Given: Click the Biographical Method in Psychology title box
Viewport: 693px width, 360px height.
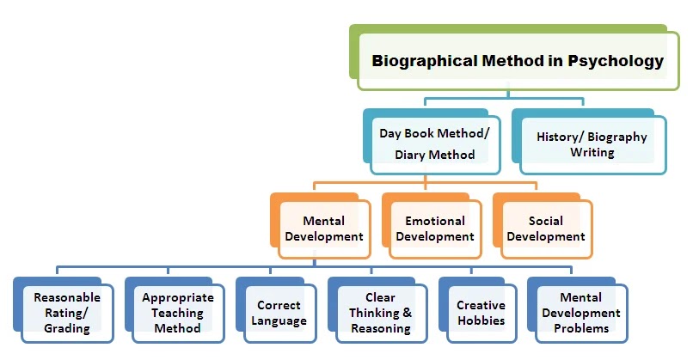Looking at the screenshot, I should click(x=517, y=61).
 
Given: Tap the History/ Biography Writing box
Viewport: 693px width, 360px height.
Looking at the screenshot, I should click(x=592, y=143).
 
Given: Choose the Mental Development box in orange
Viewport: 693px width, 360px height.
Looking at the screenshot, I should click(x=323, y=229).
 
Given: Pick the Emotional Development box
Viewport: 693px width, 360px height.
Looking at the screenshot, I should click(x=434, y=229).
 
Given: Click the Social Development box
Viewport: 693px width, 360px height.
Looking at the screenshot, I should click(x=544, y=229).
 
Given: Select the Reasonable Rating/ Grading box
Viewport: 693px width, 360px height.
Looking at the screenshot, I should click(x=67, y=312).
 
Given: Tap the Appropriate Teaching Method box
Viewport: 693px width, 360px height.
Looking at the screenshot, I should click(x=177, y=313).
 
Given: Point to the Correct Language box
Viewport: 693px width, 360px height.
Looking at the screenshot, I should click(x=279, y=313).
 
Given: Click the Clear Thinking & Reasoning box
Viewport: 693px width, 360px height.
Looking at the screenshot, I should click(x=379, y=313).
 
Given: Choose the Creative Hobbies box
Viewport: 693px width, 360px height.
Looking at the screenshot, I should click(x=481, y=313).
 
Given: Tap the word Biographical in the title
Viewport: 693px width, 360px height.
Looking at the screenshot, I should click(x=414, y=61).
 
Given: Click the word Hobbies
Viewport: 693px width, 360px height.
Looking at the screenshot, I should click(x=481, y=320).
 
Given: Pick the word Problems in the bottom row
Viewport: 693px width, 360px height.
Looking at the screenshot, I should click(x=581, y=327).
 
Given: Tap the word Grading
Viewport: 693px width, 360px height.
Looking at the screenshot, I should click(x=67, y=327).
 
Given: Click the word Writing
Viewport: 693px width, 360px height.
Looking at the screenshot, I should click(x=592, y=152).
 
